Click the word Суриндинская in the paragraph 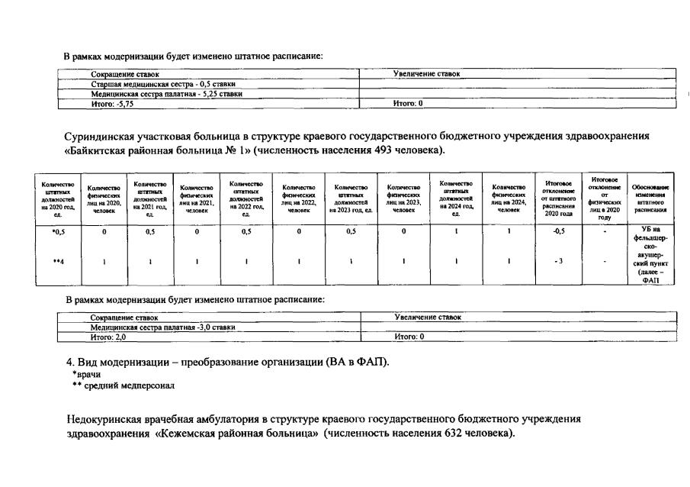(103, 136)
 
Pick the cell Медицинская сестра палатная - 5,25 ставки (166, 94)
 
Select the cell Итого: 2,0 (108, 336)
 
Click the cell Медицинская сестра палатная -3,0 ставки (162, 327)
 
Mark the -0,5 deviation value (558, 232)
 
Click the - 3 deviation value (558, 261)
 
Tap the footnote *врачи (86, 374)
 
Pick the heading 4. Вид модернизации (122, 361)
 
